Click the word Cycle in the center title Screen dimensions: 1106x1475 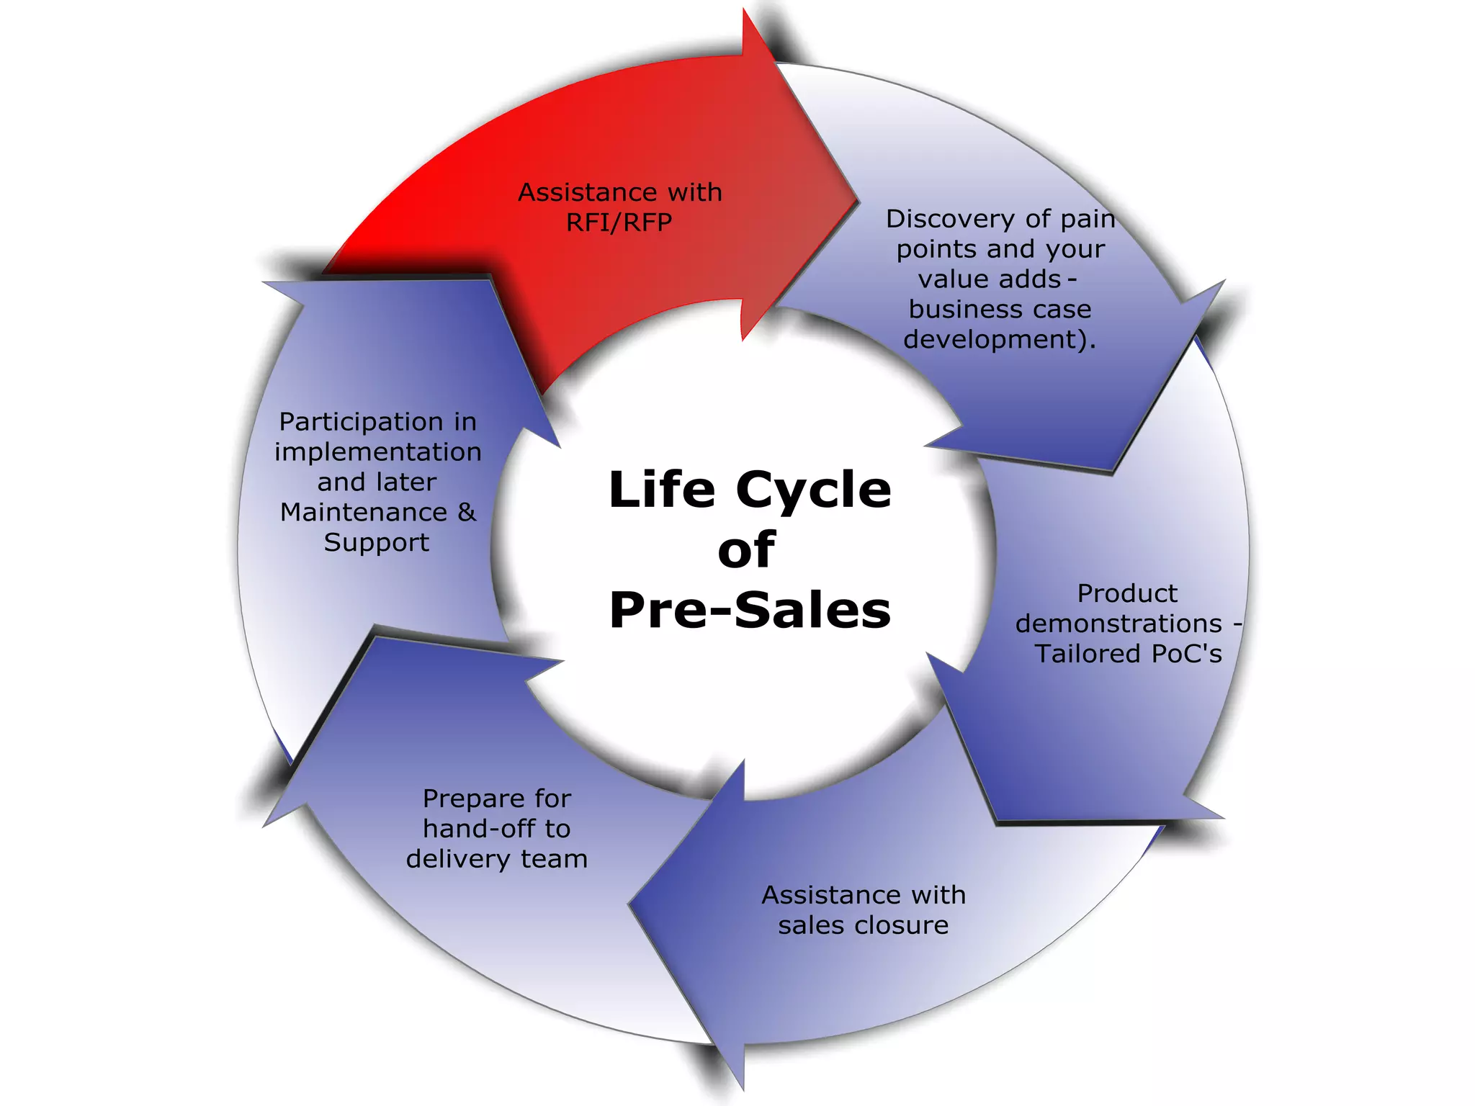[813, 490]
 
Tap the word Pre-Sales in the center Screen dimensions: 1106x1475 [750, 610]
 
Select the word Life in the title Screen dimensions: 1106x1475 [662, 490]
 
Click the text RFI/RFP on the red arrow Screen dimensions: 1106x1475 [619, 222]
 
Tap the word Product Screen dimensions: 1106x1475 [1127, 593]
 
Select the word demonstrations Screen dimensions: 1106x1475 [1118, 624]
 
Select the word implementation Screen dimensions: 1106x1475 [377, 452]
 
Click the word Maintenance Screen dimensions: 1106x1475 [364, 512]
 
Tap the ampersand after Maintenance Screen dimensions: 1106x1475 [467, 512]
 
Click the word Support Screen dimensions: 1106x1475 [376, 542]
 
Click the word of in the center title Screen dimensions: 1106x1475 [746, 550]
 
